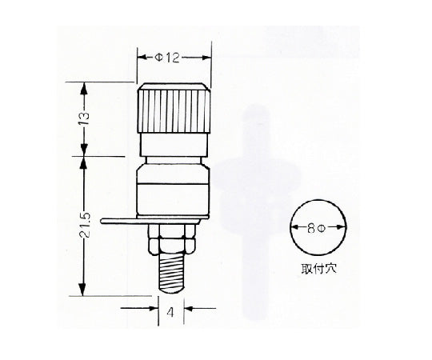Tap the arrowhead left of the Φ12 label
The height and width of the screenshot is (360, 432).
coord(142,58)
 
